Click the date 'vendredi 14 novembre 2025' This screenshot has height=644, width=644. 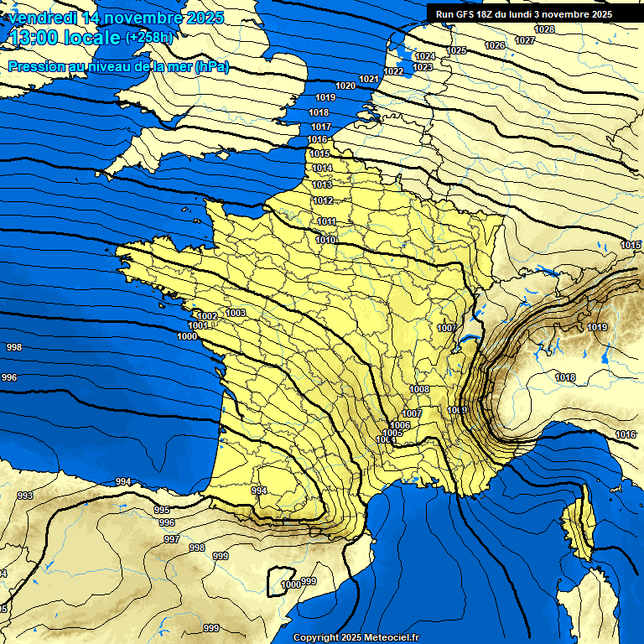(x=116, y=17)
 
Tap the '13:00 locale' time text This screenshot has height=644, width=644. (x=65, y=38)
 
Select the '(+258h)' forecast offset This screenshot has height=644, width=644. (x=149, y=38)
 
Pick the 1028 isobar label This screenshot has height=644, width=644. (x=544, y=29)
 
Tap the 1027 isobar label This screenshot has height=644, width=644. (x=525, y=40)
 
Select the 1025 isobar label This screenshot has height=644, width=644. (x=456, y=50)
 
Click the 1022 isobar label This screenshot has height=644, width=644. (x=393, y=71)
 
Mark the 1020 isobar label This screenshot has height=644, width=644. (x=345, y=86)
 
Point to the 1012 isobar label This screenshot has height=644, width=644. (x=323, y=200)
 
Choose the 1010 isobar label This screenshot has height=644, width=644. (x=326, y=241)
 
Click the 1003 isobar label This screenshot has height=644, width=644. (x=236, y=313)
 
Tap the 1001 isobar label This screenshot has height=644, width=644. (x=198, y=325)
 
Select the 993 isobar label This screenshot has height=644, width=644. (x=25, y=496)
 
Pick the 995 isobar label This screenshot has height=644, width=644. (x=162, y=510)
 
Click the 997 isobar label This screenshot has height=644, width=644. (x=172, y=539)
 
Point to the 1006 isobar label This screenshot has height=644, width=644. (x=400, y=425)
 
